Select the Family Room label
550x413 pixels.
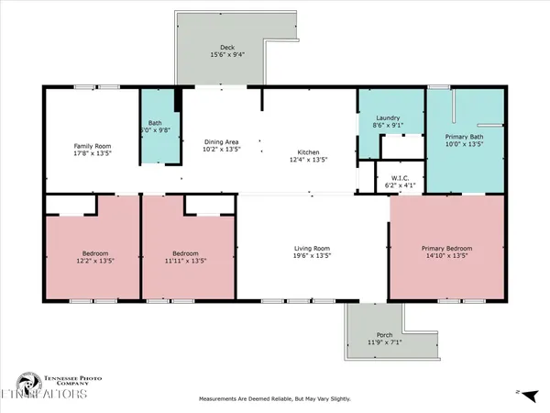coord(92,145)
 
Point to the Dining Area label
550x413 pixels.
coord(221,141)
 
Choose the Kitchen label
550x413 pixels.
coord(308,151)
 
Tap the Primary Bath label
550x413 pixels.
coord(463,136)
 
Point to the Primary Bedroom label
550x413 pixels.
coord(446,246)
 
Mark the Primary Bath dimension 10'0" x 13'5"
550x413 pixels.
coord(463,144)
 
